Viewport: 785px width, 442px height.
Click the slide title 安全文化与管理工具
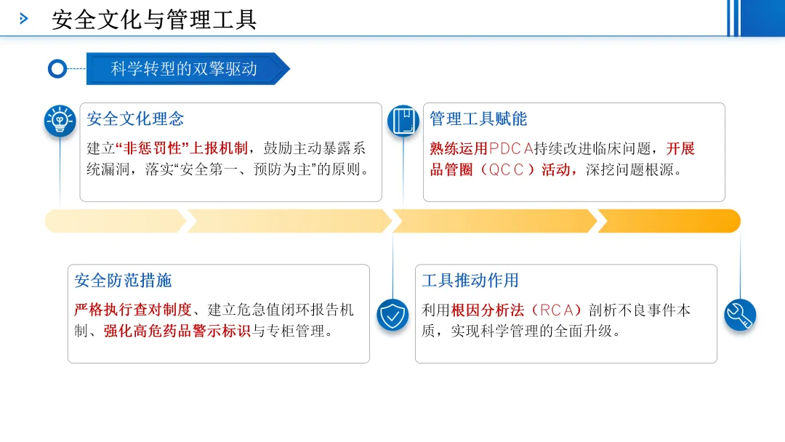[154, 20]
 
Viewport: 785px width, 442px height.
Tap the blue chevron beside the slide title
[23, 19]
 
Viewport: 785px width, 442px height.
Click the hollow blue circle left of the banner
[57, 68]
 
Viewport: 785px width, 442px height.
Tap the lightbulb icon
[60, 121]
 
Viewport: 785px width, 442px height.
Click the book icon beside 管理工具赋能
[403, 121]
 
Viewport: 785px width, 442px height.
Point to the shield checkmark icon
[392, 316]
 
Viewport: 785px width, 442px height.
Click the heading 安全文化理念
[135, 119]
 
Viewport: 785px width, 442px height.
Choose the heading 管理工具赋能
[478, 119]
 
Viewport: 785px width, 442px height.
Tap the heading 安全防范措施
[123, 281]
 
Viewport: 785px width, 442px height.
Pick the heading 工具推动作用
[470, 281]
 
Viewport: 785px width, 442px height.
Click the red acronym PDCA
[511, 149]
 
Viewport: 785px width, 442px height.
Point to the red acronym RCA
[557, 310]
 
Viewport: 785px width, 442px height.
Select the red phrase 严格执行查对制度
[133, 310]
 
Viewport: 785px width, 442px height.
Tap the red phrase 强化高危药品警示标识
[177, 331]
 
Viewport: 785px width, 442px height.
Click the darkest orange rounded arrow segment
[669, 221]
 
